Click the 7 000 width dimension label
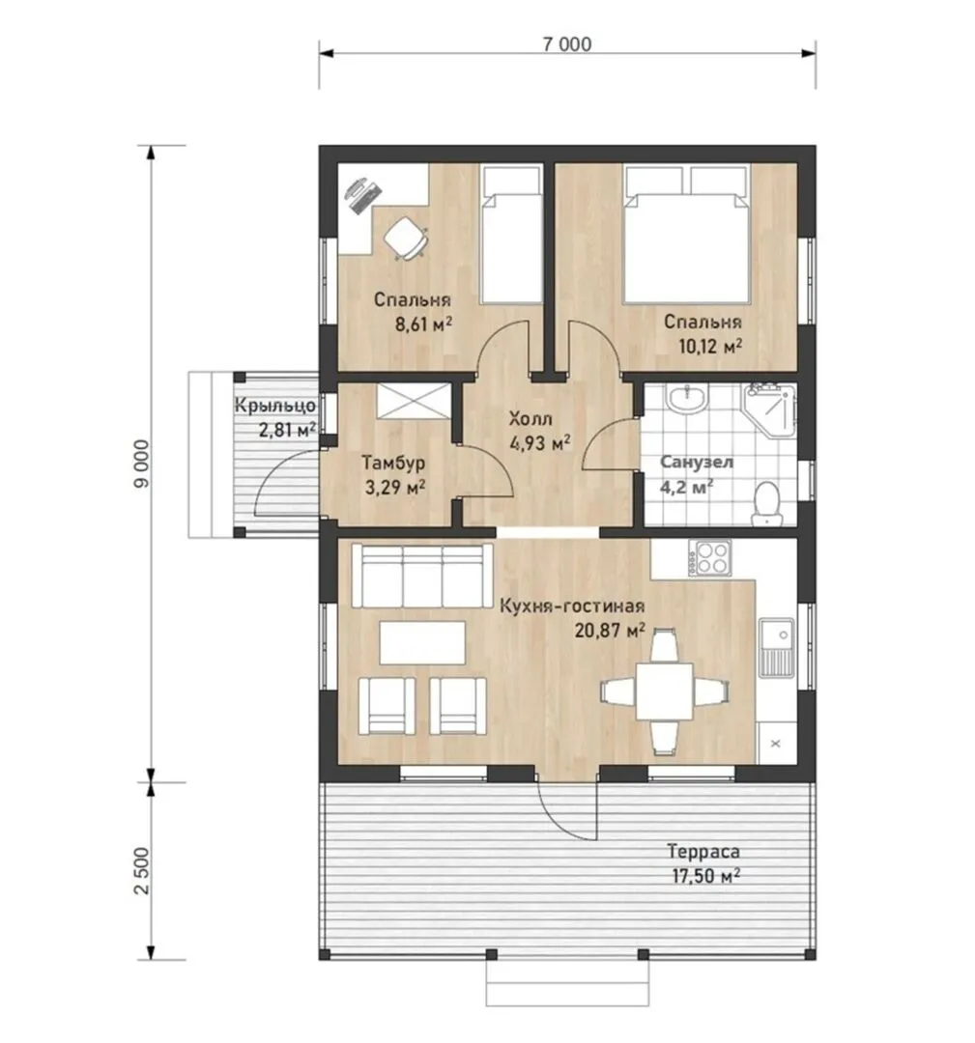(567, 43)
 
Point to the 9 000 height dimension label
(142, 463)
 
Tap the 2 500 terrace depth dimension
(142, 871)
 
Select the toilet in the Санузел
(766, 504)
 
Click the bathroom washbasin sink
(687, 399)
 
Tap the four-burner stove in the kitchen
(709, 557)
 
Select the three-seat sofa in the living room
(422, 576)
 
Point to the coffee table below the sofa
(422, 642)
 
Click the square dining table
(664, 691)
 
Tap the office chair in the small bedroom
(405, 239)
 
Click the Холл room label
(530, 419)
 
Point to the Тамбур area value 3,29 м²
(395, 488)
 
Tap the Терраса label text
(703, 852)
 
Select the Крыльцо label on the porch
(274, 405)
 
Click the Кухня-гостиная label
(572, 606)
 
